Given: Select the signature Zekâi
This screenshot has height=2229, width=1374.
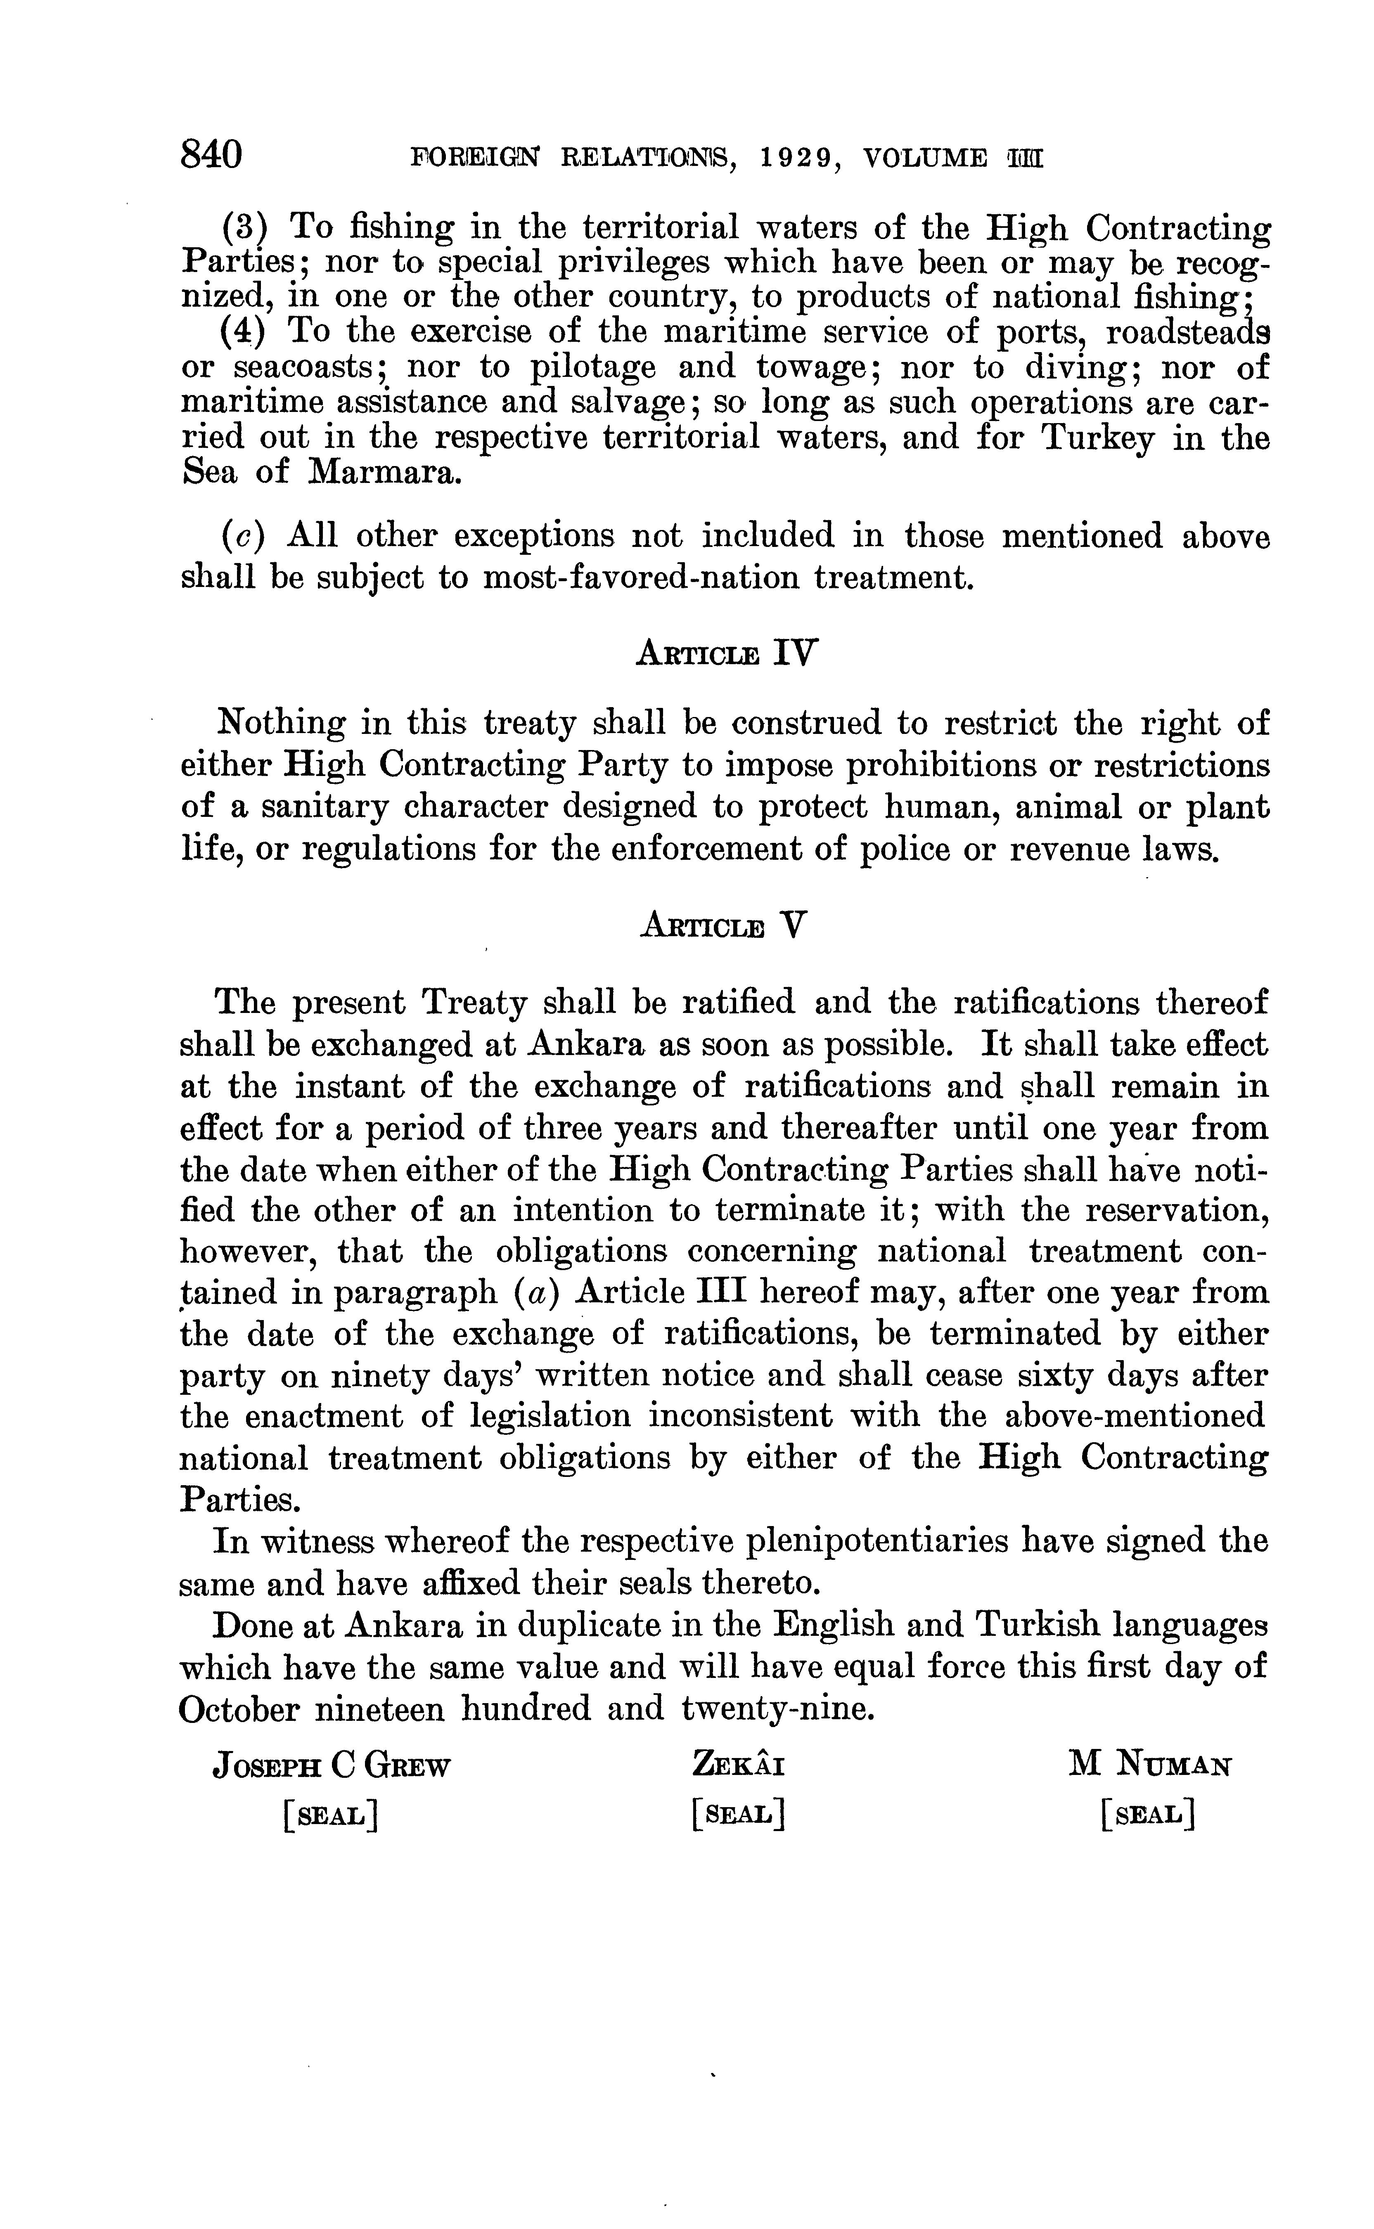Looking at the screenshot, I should (738, 1766).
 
